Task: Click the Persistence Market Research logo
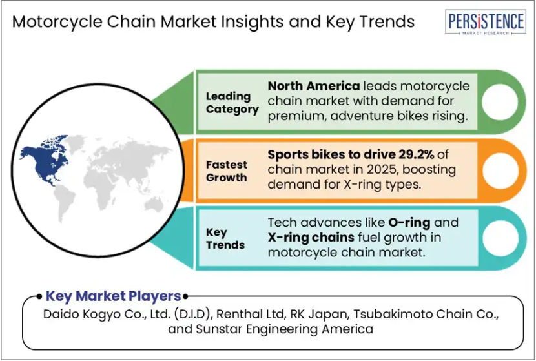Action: coord(486,22)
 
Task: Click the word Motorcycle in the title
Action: coord(57,22)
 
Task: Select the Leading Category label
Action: coord(232,103)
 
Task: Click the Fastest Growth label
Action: coord(226,171)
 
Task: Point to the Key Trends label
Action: coord(225,238)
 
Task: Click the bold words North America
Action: coord(313,86)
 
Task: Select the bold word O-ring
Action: coord(409,223)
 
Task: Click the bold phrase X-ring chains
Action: coord(311,237)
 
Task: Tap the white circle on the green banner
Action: coord(500,102)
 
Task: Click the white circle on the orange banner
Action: coord(500,170)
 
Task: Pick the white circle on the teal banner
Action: coord(500,238)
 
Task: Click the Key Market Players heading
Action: coord(113,296)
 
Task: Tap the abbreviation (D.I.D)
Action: coord(191,314)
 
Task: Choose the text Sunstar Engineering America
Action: coord(284,329)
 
